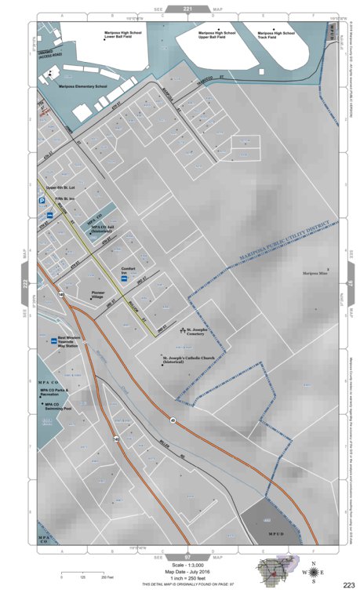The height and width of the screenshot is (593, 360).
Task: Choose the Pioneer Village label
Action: (93, 295)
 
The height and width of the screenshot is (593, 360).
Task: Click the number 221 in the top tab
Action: (187, 8)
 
